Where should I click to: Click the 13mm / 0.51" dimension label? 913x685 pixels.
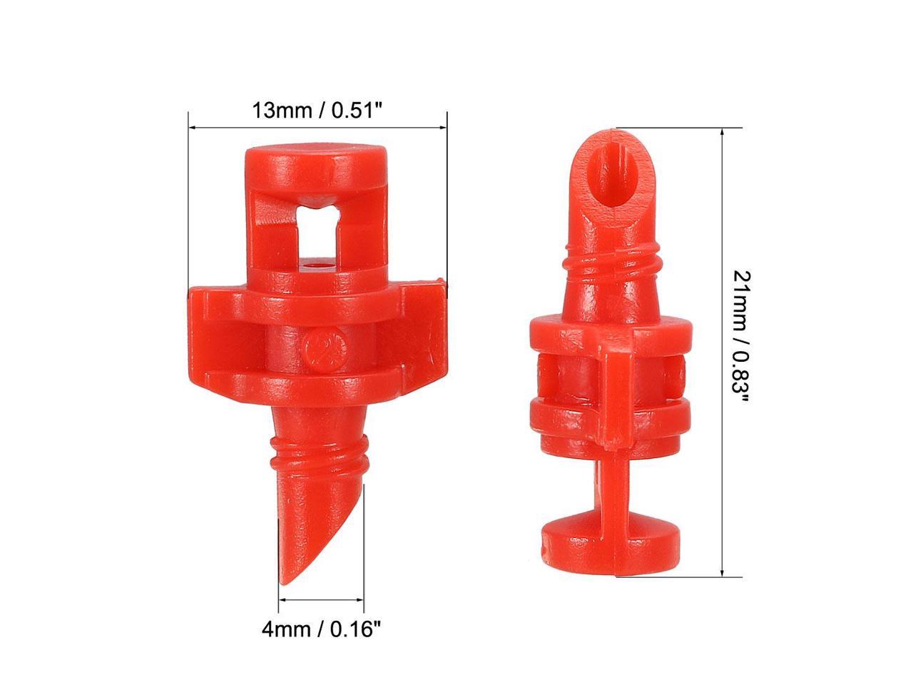pyautogui.click(x=317, y=111)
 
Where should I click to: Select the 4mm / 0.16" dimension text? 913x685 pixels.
pyautogui.click(x=322, y=629)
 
